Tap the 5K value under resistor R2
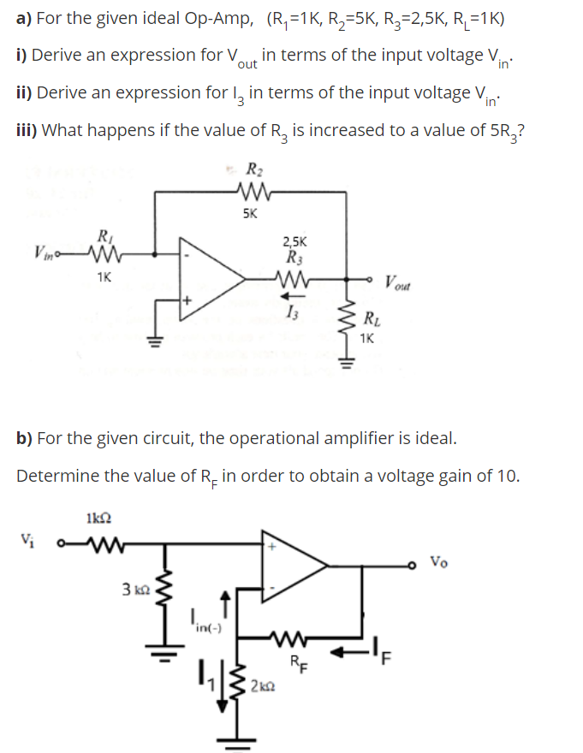click(249, 214)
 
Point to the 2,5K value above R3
click(295, 242)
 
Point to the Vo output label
click(437, 562)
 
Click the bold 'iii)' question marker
click(27, 130)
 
